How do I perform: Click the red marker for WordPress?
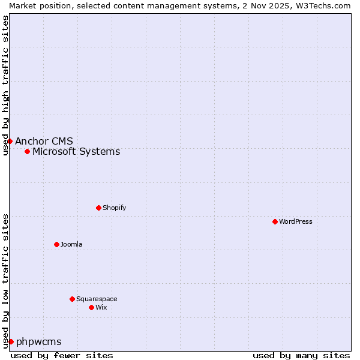pyautogui.click(x=275, y=221)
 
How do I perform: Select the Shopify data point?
pyautogui.click(x=98, y=208)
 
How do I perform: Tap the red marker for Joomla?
pyautogui.click(x=56, y=244)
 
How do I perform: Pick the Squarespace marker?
pyautogui.click(x=72, y=299)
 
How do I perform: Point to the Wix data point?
pyautogui.click(x=91, y=307)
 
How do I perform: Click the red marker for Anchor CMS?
pyautogui.click(x=10, y=141)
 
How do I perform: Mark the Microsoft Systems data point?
pyautogui.click(x=27, y=151)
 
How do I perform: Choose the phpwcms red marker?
pyautogui.click(x=11, y=341)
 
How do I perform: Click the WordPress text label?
pyautogui.click(x=296, y=221)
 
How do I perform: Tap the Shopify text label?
pyautogui.click(x=114, y=208)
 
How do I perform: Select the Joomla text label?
pyautogui.click(x=71, y=244)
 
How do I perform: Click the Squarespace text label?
pyautogui.click(x=97, y=299)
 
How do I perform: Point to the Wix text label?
pyautogui.click(x=101, y=307)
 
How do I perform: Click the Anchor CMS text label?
pyautogui.click(x=44, y=141)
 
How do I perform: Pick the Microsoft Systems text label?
pyautogui.click(x=76, y=151)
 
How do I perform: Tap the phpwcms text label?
pyautogui.click(x=38, y=341)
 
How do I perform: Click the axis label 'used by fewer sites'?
pyautogui.click(x=62, y=355)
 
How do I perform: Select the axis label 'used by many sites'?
pyautogui.click(x=301, y=355)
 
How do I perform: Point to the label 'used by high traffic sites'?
pyautogui.click(x=5, y=85)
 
